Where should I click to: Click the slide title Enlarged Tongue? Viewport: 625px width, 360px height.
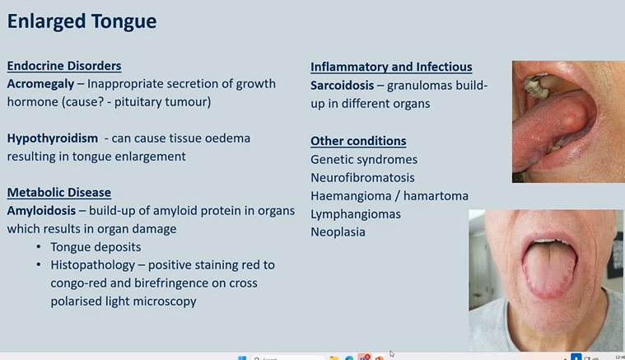[82, 21]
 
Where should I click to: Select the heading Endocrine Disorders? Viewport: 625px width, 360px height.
[64, 66]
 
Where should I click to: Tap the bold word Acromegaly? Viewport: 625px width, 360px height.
[41, 84]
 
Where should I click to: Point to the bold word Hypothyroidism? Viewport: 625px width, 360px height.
[53, 138]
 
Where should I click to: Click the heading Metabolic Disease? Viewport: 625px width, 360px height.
[58, 192]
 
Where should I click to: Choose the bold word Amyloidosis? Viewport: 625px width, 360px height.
[41, 210]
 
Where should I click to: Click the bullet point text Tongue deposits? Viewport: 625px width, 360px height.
[96, 247]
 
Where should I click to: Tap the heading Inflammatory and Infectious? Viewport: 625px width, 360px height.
[391, 67]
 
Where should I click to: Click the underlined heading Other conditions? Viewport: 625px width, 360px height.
[358, 141]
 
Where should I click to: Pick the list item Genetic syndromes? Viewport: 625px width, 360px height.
[364, 159]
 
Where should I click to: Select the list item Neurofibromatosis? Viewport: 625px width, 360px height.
[362, 177]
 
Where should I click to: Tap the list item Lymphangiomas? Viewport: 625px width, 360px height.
[355, 213]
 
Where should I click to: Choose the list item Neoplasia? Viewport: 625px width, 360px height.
[338, 231]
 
